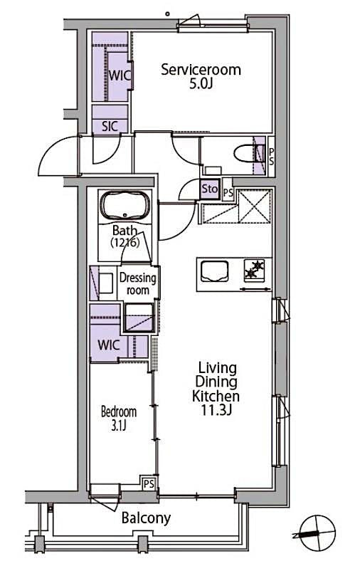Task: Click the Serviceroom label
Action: pyautogui.click(x=200, y=70)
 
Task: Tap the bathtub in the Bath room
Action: pyautogui.click(x=126, y=206)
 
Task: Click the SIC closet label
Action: pyautogui.click(x=110, y=126)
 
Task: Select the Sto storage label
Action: pyautogui.click(x=209, y=189)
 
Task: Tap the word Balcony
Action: pyautogui.click(x=145, y=518)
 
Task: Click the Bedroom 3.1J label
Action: pyautogui.click(x=118, y=419)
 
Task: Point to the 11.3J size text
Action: pyautogui.click(x=218, y=411)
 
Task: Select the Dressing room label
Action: pyautogui.click(x=138, y=284)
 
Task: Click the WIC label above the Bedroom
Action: pyautogui.click(x=109, y=345)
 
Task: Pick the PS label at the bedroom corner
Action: pyautogui.click(x=148, y=484)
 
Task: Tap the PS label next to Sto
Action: pyautogui.click(x=228, y=192)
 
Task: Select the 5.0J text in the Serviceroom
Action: pyautogui.click(x=200, y=85)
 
